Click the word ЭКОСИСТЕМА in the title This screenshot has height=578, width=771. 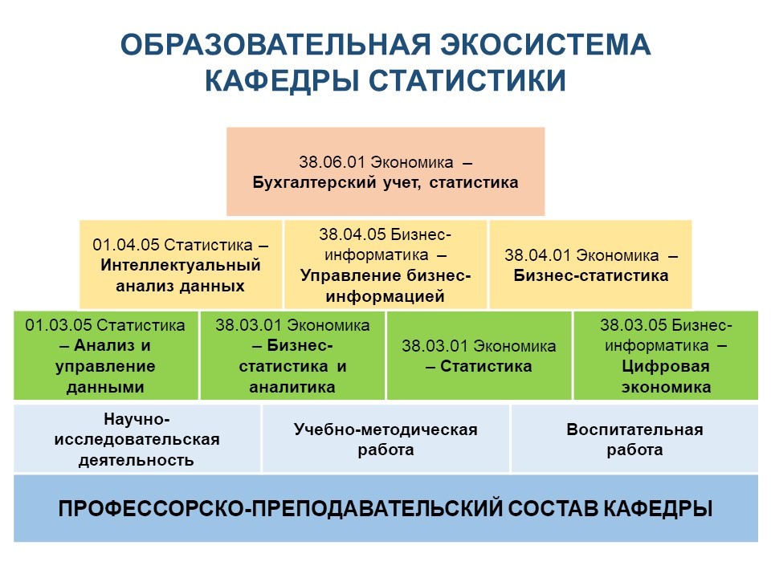coord(545,44)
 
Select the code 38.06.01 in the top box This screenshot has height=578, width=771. coord(332,161)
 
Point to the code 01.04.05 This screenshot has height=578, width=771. coord(125,245)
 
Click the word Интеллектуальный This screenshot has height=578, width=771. coord(181,266)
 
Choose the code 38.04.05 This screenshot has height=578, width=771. coord(352,234)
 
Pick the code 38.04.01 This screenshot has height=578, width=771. coord(537,255)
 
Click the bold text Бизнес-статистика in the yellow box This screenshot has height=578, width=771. coord(591,275)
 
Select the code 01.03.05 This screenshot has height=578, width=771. coord(59,325)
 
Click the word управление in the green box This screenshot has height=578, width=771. coord(105,367)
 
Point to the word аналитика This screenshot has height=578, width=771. coord(292,387)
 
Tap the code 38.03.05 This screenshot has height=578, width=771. coord(634,325)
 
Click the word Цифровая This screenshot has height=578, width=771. coord(666,366)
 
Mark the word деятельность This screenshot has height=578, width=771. coord(137,461)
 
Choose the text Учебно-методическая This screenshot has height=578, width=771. coord(385,429)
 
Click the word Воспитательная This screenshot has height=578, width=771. coord(634,429)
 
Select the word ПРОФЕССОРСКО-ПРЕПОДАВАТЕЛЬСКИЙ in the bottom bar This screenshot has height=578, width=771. coord(279,509)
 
